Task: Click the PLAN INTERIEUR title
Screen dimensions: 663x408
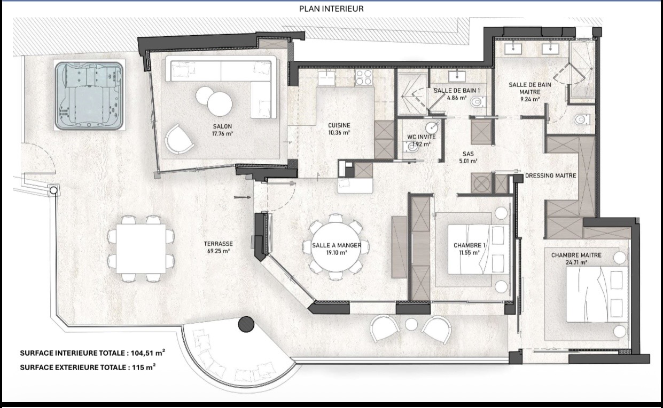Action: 331,9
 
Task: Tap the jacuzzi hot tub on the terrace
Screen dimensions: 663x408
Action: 89,95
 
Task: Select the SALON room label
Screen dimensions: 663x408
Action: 222,126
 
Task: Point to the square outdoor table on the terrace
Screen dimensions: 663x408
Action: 141,249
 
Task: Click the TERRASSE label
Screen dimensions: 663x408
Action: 219,244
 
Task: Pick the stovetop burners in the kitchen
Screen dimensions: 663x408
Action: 363,77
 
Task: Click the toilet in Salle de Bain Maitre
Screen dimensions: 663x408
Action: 581,119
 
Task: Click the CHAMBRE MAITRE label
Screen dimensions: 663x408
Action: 576,255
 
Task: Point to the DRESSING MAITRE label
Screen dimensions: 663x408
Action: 550,175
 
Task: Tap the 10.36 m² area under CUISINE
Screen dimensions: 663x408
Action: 339,133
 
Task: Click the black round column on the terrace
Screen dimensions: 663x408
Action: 246,324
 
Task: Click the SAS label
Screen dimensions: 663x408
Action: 468,154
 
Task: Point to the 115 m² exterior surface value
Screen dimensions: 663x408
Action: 144,367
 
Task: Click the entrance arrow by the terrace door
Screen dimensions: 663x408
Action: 243,197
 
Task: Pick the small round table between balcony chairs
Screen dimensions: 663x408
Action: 411,325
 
